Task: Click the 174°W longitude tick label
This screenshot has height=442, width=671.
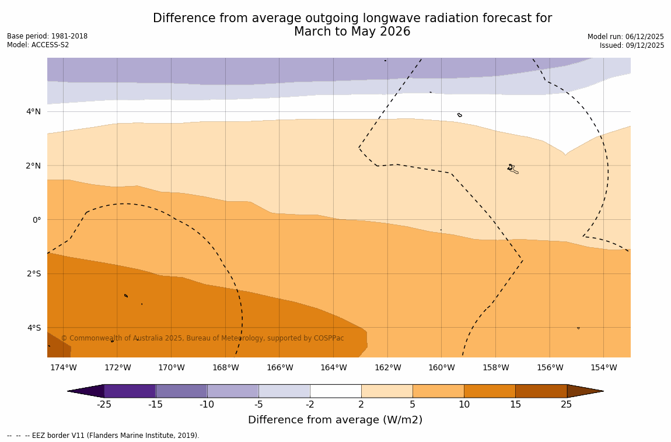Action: tap(63, 367)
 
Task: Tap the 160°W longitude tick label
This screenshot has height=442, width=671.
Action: tap(441, 367)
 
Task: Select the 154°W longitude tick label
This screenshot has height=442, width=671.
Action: tap(603, 367)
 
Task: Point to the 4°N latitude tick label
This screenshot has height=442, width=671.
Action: tap(34, 111)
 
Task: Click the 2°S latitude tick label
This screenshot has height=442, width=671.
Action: tap(34, 273)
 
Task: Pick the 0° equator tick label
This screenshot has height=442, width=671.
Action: tap(36, 220)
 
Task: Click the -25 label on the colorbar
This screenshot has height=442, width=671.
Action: tap(104, 405)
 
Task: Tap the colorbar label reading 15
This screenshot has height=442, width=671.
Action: tap(515, 405)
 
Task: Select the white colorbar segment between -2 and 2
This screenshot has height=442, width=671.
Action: tap(335, 391)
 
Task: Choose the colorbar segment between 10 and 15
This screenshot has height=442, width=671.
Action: tap(490, 391)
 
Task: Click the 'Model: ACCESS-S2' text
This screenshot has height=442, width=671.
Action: tap(38, 45)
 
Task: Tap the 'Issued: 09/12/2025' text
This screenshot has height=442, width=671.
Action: tap(632, 45)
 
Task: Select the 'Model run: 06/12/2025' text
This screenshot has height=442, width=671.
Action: tap(625, 37)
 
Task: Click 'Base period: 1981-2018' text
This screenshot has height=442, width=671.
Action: tap(47, 36)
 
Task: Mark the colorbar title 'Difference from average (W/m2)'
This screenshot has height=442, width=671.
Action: tap(335, 420)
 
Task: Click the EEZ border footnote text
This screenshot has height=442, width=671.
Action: tap(103, 436)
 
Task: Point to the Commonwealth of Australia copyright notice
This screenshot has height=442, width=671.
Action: tap(202, 338)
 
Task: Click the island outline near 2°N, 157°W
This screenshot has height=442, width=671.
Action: tap(512, 169)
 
